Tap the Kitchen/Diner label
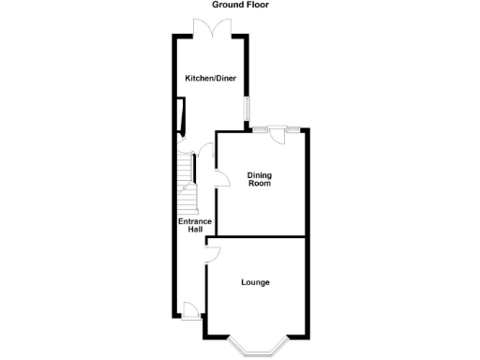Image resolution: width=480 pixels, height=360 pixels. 209,78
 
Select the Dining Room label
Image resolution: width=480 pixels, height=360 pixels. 260,178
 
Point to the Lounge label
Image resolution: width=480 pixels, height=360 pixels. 255,282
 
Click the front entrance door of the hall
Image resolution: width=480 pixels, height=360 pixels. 190,311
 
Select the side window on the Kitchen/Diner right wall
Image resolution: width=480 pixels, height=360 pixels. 247,110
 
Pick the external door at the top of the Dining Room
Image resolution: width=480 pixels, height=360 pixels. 277,135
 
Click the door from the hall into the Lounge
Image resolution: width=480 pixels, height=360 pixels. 213,250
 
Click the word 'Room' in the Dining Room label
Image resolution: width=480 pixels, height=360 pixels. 260,184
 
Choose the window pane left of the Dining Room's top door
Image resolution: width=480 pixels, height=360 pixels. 261,129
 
